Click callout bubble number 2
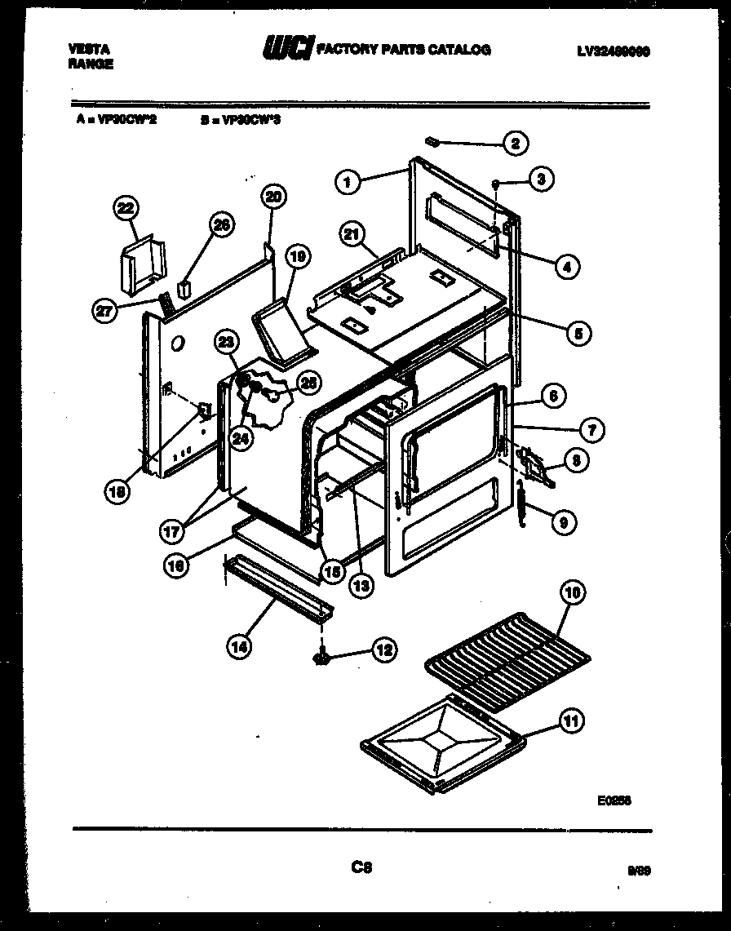[515, 144]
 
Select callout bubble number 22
[125, 209]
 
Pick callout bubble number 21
[352, 236]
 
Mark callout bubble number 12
[383, 650]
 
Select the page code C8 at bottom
[361, 867]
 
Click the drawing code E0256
[614, 801]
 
